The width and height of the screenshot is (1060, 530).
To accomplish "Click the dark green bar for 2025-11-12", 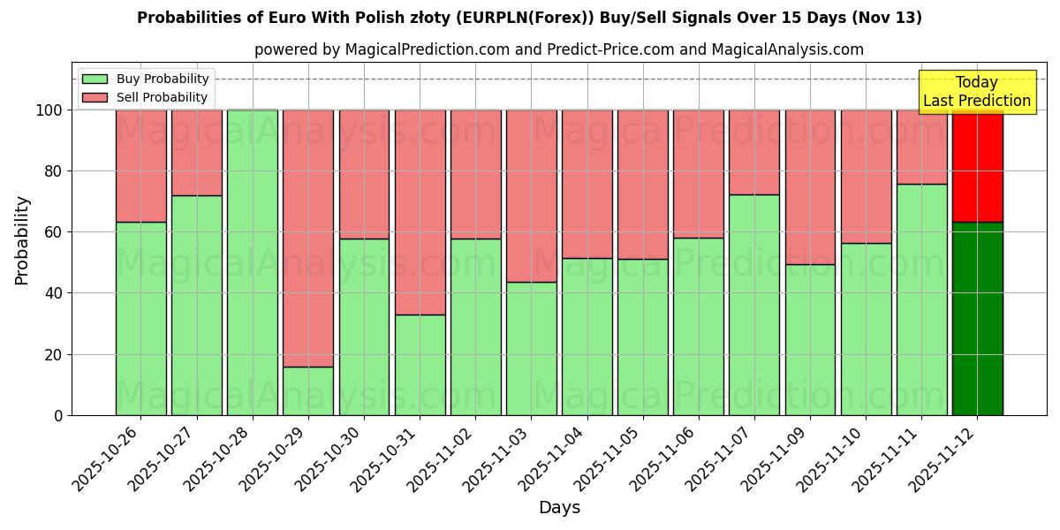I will tap(977, 318).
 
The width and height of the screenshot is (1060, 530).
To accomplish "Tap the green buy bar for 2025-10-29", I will tap(308, 390).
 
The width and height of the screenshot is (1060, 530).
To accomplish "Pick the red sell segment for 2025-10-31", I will tap(420, 212).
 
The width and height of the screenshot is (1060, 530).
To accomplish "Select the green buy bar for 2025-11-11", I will tap(921, 299).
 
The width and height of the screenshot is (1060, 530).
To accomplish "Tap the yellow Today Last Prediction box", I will tap(976, 92).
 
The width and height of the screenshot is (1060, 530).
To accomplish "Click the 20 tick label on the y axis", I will tap(55, 354).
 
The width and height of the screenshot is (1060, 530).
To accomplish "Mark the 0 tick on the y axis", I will tap(59, 415).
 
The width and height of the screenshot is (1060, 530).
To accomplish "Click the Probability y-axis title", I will tap(22, 239).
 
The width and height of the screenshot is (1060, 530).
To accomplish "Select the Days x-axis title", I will tap(559, 508).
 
